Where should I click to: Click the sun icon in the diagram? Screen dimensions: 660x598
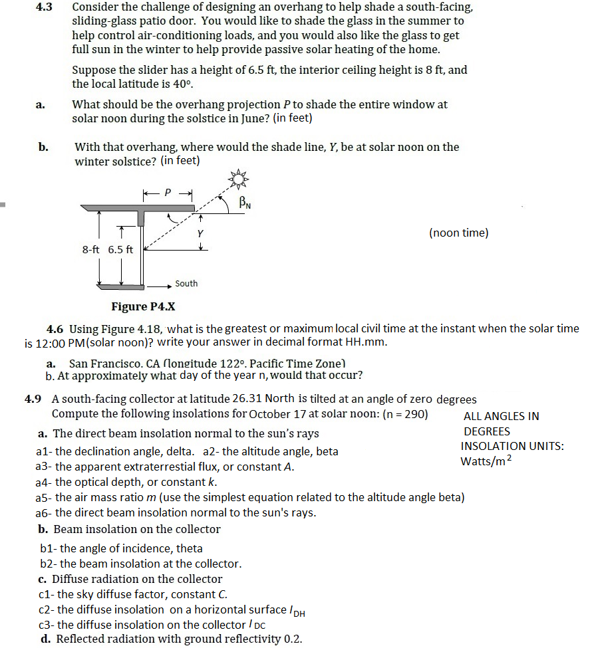[238, 177]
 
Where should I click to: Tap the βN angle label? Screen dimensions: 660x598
[245, 203]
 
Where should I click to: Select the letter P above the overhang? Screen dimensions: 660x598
[168, 193]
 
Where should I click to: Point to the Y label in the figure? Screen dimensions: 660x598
[200, 234]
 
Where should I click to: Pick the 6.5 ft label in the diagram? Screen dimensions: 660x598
[120, 250]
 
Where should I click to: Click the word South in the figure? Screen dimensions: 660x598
[186, 284]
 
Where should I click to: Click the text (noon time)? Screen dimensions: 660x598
[458, 233]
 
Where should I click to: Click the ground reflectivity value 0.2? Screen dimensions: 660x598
[293, 639]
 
